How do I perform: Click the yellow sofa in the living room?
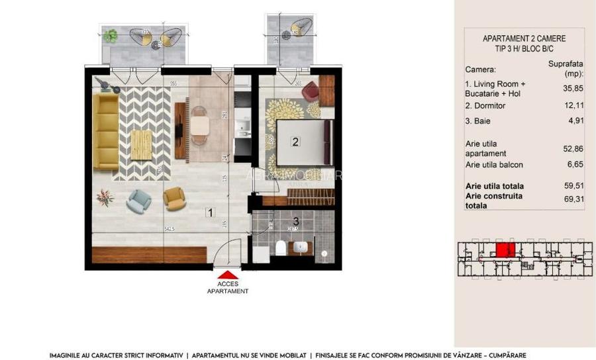pyautogui.click(x=105, y=131)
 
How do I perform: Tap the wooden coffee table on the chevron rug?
pyautogui.click(x=140, y=144)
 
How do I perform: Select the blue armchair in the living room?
pyautogui.click(x=139, y=200)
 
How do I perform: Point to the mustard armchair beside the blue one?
pyautogui.click(x=174, y=197)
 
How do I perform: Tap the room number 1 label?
pyautogui.click(x=209, y=213)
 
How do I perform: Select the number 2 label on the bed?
pyautogui.click(x=296, y=141)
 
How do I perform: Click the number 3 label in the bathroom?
pyautogui.click(x=296, y=221)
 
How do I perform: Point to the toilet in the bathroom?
pyautogui.click(x=281, y=249)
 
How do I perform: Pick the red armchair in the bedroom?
pyautogui.click(x=311, y=93)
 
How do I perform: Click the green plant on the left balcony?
pyautogui.click(x=111, y=36)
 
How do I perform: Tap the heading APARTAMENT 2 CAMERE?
pyautogui.click(x=524, y=39)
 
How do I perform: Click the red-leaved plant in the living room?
pyautogui.click(x=105, y=197)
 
